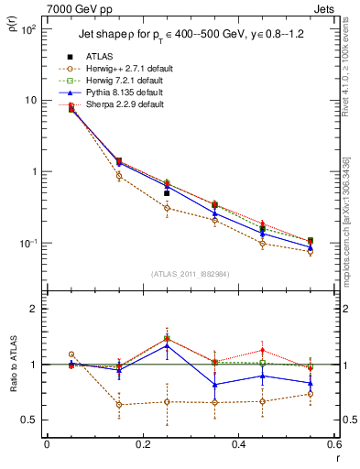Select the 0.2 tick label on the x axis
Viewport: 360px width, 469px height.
(142, 444)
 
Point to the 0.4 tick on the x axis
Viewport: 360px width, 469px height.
(238, 444)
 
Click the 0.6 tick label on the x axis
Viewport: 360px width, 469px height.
(333, 444)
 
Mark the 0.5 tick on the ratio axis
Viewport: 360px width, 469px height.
(30, 420)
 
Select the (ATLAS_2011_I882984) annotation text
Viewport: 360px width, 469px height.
(190, 273)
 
